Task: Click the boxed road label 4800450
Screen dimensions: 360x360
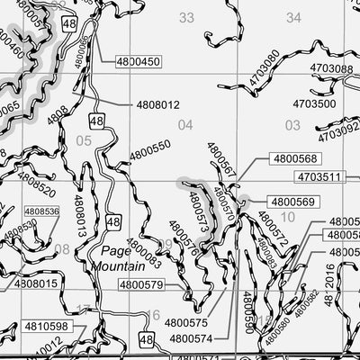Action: [x=138, y=61]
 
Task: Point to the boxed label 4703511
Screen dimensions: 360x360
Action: [x=319, y=176]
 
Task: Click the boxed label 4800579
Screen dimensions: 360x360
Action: [x=143, y=285]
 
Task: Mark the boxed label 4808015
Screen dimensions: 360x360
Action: [x=37, y=283]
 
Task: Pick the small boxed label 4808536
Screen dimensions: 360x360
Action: [x=41, y=211]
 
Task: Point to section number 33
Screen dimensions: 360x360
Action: [x=186, y=17]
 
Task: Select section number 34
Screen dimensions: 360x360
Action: [x=293, y=17]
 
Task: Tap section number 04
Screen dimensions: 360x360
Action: [x=185, y=125]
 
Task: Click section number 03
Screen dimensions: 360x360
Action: [x=292, y=125]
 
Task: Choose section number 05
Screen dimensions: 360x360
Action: [x=85, y=140]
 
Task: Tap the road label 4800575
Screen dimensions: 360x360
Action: [x=186, y=322]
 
